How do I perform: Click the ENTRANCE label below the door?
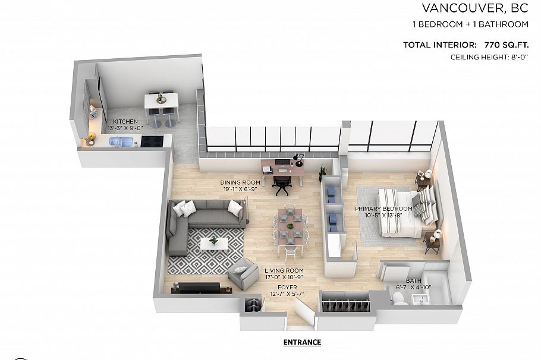pyautogui.click(x=302, y=342)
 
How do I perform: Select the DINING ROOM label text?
pyautogui.click(x=240, y=182)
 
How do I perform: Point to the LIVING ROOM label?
pyautogui.click(x=284, y=271)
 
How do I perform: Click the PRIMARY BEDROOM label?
pyautogui.click(x=383, y=209)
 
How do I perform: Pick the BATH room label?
pyautogui.click(x=413, y=281)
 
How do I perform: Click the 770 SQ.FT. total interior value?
pyautogui.click(x=498, y=45)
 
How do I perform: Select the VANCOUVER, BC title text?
pyautogui.click(x=475, y=8)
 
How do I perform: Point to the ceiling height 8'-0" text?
pyautogui.click(x=490, y=58)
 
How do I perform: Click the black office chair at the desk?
pyautogui.click(x=281, y=185)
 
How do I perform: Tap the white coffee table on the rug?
pyautogui.click(x=214, y=243)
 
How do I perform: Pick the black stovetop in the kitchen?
pyautogui.click(x=152, y=141)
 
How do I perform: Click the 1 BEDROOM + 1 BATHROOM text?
pyautogui.click(x=470, y=25)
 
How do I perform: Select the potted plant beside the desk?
pyautogui.click(x=323, y=173)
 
